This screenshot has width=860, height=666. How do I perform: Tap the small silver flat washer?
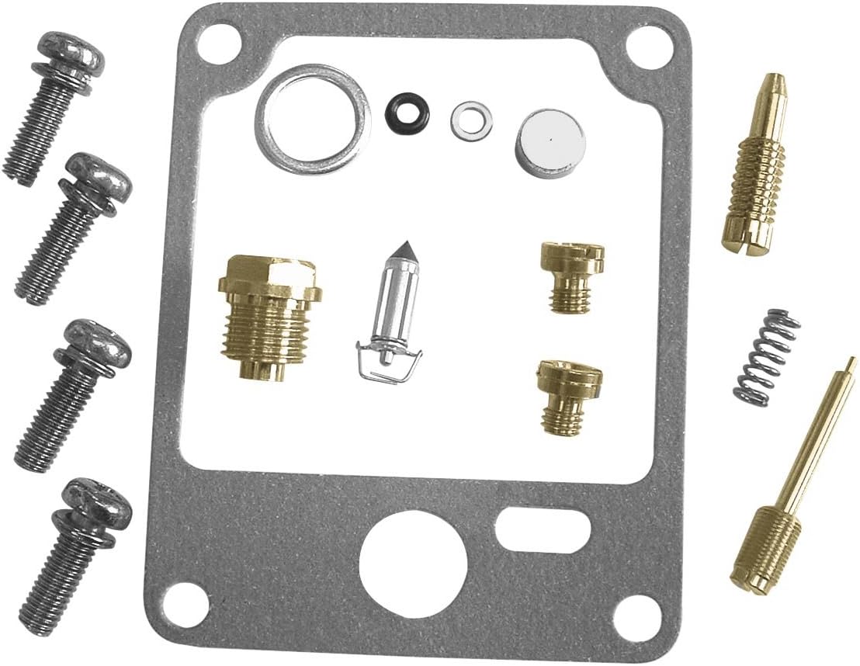click(470, 118)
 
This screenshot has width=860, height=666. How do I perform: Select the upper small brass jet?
click(572, 275)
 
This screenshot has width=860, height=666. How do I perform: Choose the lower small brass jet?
click(570, 395)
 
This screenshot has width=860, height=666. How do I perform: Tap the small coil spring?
click(767, 356)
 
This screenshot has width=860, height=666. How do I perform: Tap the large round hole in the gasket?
click(413, 564)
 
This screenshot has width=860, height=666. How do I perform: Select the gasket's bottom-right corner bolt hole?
click(638, 617)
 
